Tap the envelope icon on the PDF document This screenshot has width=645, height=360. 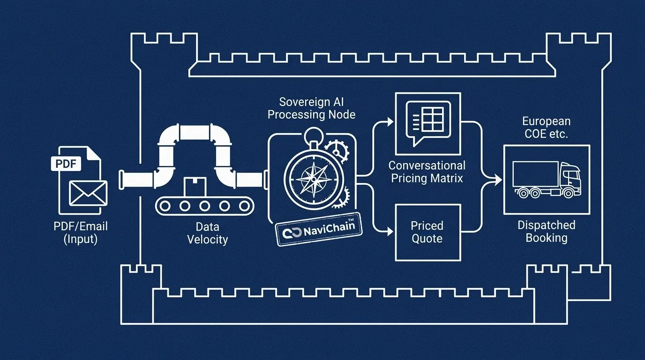88,193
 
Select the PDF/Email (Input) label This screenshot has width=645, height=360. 81,232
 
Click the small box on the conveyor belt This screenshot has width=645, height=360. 192,188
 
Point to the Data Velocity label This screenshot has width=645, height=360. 207,233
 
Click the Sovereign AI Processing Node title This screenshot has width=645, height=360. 311,108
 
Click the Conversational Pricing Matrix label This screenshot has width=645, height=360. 427,172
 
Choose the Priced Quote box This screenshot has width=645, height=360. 427,232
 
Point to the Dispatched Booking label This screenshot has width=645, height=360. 546,232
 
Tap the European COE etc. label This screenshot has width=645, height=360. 546,127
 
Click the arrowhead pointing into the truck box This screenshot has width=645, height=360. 497,179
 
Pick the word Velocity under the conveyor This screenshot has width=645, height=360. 207,240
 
